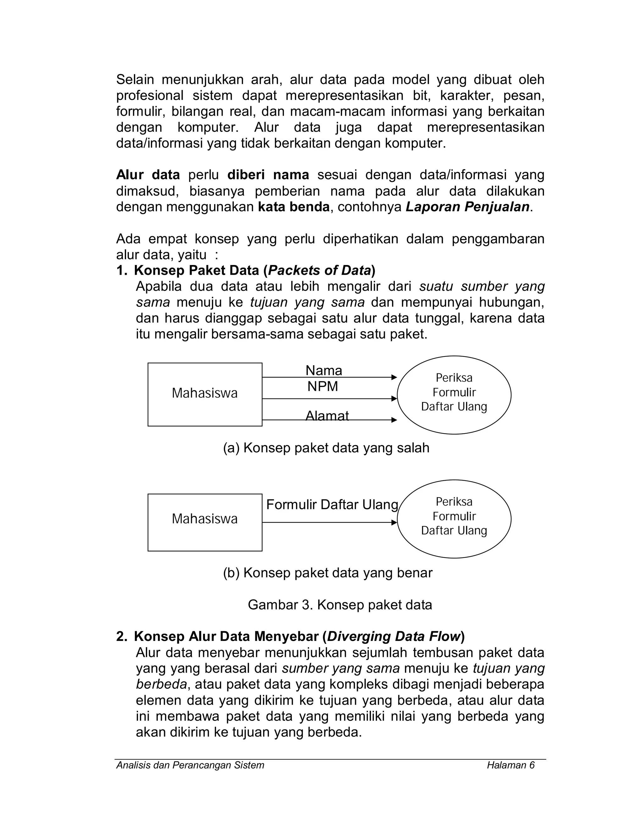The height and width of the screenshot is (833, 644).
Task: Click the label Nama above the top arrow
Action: pyautogui.click(x=324, y=370)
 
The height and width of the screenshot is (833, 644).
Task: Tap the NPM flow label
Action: pyautogui.click(x=323, y=386)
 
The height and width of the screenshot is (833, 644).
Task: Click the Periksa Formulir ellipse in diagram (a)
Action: pyautogui.click(x=454, y=394)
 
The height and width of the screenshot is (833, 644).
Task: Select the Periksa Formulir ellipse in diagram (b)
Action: pyautogui.click(x=454, y=518)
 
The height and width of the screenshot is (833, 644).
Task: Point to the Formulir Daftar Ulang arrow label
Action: pyautogui.click(x=332, y=505)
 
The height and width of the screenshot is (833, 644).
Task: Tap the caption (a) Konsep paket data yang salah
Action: pyautogui.click(x=326, y=448)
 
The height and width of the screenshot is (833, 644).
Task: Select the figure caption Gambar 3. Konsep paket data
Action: pyautogui.click(x=340, y=604)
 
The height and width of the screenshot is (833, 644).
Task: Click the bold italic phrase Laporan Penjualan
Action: pyautogui.click(x=467, y=207)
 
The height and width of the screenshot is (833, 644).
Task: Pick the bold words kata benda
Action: pyautogui.click(x=293, y=207)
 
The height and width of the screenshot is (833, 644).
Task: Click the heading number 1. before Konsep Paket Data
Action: pyautogui.click(x=121, y=270)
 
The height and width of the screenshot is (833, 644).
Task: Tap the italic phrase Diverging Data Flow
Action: pyautogui.click(x=394, y=636)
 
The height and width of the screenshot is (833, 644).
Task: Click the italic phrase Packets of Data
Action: pyautogui.click(x=319, y=270)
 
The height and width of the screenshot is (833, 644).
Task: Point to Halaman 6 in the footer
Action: pyautogui.click(x=510, y=765)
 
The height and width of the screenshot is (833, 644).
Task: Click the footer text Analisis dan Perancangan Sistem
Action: pyautogui.click(x=190, y=765)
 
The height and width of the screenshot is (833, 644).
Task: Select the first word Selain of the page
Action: pyautogui.click(x=135, y=80)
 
